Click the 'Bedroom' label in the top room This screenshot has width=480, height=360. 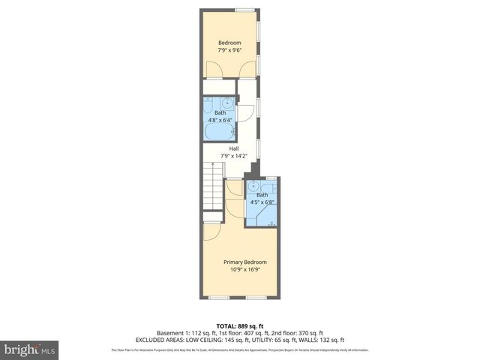tap(229, 43)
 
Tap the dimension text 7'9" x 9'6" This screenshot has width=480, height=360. tap(229, 50)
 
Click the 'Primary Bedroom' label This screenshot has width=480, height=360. tap(244, 262)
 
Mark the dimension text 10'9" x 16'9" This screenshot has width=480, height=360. tap(244, 269)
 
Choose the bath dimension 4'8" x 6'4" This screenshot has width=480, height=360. tap(220, 119)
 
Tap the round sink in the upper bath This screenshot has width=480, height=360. tap(227, 102)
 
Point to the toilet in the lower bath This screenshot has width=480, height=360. tap(271, 220)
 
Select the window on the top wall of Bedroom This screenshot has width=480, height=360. tap(243, 10)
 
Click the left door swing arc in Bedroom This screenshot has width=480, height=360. tap(214, 69)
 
